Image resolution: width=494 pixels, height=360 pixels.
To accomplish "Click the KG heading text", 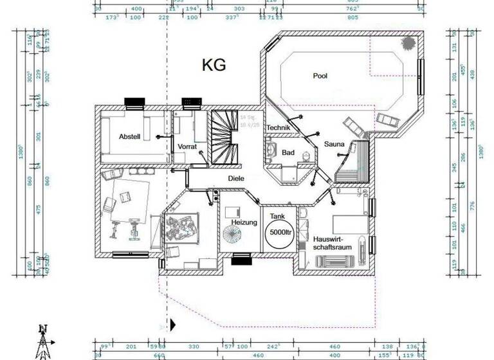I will (x=214, y=66).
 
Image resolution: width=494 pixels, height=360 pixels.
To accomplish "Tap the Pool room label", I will (x=320, y=76).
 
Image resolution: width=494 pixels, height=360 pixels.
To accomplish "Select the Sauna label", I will (x=334, y=144).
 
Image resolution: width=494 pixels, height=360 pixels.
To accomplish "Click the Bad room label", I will (x=288, y=152).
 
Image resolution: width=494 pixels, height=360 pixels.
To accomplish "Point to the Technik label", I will (x=278, y=128).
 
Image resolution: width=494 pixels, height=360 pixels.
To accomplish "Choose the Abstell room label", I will (x=130, y=137).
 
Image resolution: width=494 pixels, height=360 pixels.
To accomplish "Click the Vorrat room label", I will (x=187, y=147).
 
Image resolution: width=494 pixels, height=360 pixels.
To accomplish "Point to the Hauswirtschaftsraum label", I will (x=330, y=242).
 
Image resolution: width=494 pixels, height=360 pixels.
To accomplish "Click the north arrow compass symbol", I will (x=43, y=341).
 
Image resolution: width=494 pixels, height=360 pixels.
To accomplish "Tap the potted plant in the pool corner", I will (x=408, y=43).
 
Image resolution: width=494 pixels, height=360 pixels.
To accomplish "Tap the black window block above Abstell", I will (x=134, y=102).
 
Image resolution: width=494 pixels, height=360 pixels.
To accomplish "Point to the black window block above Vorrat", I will (x=192, y=102).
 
